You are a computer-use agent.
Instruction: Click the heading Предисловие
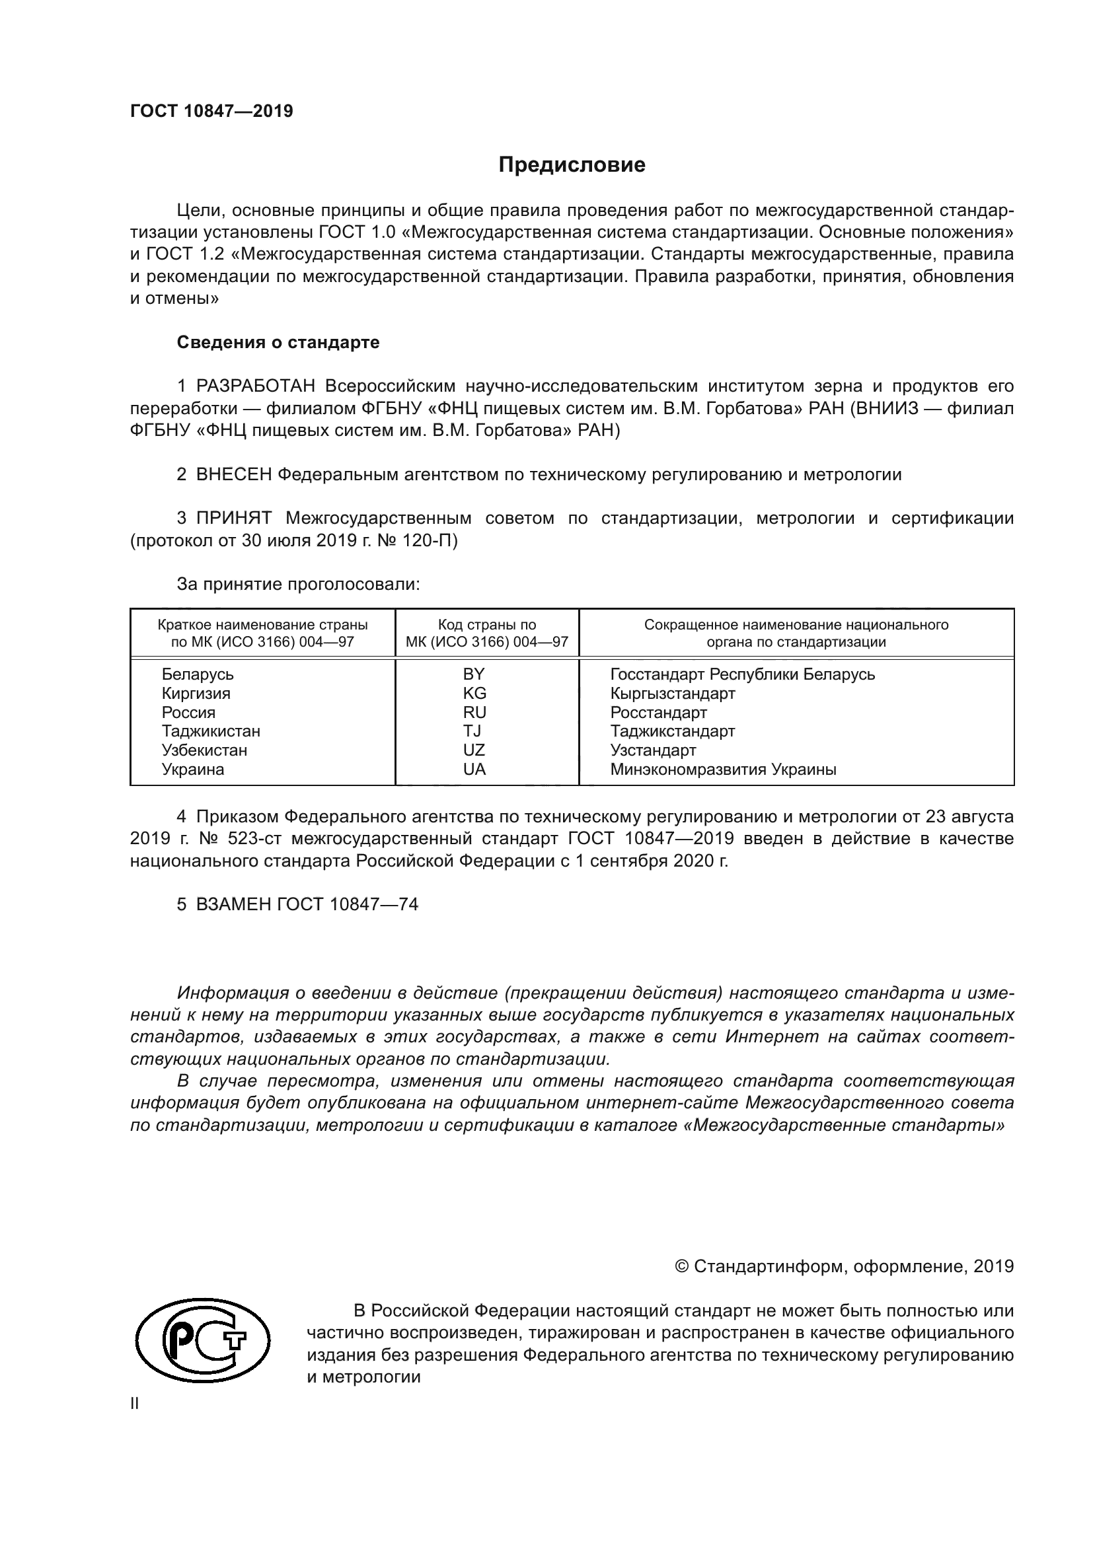point(572,165)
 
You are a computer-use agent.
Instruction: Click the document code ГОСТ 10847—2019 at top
point(211,111)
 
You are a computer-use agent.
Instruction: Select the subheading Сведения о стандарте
point(278,343)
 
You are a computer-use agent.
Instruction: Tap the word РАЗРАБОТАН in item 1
point(255,386)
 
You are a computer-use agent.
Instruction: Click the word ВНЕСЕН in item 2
point(233,474)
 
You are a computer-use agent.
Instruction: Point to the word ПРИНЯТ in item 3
point(233,518)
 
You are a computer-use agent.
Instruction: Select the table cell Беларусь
point(197,674)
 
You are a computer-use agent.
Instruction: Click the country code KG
point(474,693)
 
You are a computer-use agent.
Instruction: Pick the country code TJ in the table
point(472,731)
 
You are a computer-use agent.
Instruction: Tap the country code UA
point(474,769)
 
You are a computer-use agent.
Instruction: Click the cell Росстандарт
point(658,712)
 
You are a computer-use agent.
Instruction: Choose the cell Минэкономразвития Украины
point(723,769)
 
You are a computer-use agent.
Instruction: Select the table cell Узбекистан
point(204,750)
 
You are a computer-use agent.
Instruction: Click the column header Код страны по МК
point(486,633)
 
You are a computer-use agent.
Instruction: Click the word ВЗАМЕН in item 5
point(233,904)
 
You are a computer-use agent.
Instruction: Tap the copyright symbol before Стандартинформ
point(681,1267)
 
